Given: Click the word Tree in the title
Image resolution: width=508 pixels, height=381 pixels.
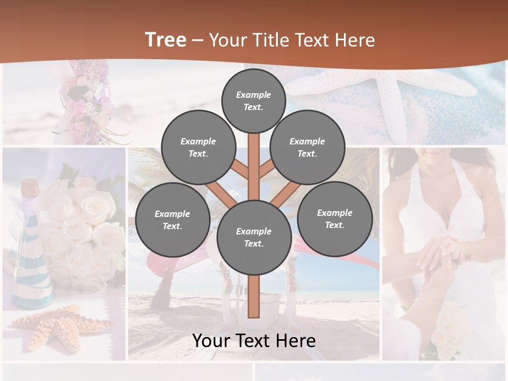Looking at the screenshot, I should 166,40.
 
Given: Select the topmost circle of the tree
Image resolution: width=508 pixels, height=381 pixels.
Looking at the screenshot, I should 253,101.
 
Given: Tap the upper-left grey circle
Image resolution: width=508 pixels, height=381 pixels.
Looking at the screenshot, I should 198,147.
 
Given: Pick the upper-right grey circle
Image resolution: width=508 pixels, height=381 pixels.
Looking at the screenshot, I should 307,147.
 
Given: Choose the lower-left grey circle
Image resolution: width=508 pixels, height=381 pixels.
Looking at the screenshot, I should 173,220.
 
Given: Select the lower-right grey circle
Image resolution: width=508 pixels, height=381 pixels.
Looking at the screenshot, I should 335,219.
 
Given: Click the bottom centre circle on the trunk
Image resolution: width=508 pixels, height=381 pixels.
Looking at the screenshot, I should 254,237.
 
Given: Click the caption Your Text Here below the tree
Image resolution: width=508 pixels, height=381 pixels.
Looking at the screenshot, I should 254,340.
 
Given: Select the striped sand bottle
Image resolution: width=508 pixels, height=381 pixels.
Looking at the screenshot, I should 32,265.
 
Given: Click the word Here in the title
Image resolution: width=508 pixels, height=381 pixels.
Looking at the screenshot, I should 355,40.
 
